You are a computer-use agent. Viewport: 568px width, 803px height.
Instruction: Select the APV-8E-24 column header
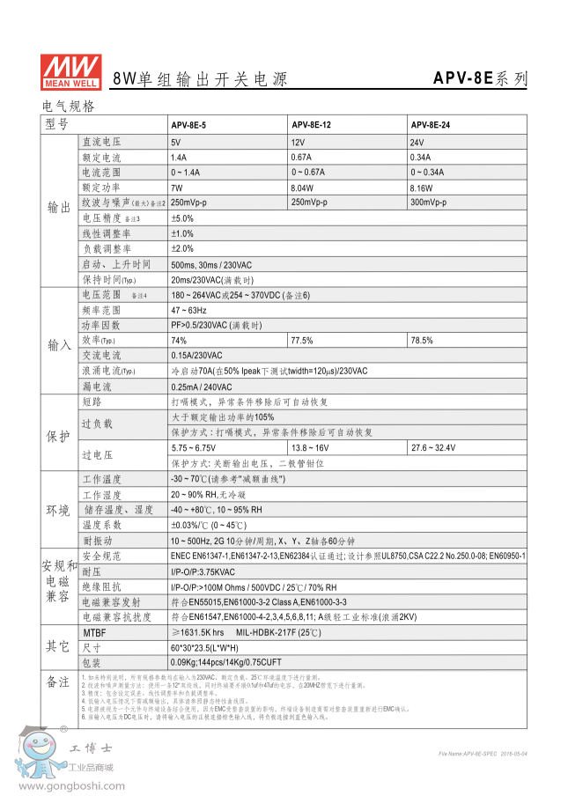point(431,125)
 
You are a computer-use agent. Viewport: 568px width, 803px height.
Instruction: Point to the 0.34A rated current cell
point(420,157)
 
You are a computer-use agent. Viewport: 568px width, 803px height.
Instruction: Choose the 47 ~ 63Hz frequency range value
point(188,310)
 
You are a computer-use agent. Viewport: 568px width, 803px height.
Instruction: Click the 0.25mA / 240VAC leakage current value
point(202,387)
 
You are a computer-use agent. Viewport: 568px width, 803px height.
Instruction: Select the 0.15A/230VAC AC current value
point(197,356)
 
